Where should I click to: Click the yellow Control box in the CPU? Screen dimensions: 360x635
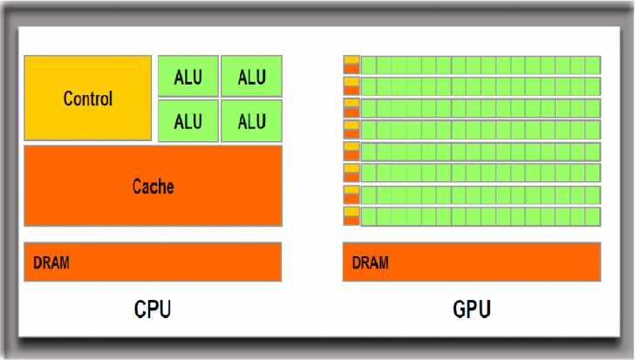click(87, 98)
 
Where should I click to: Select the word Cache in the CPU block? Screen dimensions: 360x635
click(153, 187)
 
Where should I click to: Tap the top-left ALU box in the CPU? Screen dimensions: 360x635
click(188, 77)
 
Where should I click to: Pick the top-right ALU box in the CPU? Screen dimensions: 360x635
click(251, 77)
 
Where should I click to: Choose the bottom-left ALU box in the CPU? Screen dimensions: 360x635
click(188, 120)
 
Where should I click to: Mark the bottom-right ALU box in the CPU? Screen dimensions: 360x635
click(251, 120)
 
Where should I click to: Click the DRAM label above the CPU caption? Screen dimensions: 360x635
click(51, 262)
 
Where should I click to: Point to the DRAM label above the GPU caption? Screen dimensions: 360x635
click(371, 262)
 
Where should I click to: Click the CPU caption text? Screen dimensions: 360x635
click(153, 309)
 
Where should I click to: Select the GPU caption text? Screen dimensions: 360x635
click(472, 309)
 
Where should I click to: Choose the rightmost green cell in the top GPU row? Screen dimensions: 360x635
click(592, 65)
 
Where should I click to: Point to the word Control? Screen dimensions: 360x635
click(87, 98)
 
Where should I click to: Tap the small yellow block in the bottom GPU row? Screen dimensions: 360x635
click(352, 212)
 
